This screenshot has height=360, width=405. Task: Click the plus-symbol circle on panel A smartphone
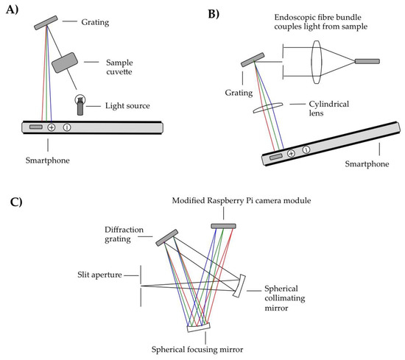click(x=52, y=127)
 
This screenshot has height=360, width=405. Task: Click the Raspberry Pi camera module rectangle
click(x=223, y=225)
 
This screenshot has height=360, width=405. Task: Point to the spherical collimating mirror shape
click(x=240, y=286)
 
